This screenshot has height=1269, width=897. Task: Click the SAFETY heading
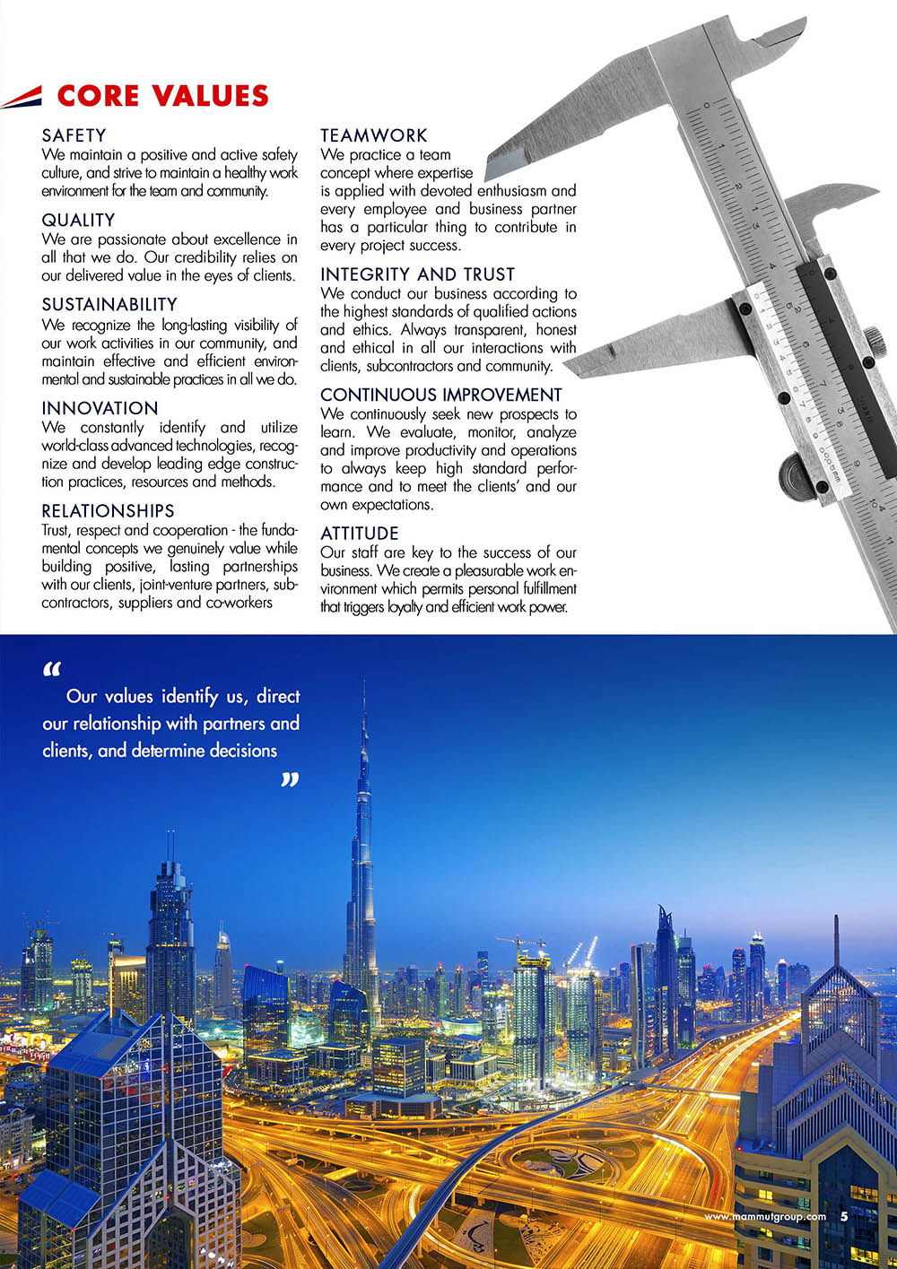click(x=74, y=135)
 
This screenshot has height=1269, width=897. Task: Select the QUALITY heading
click(x=78, y=220)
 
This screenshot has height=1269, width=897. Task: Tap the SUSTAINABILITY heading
click(x=109, y=304)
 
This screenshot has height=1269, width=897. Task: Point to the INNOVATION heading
click(x=100, y=408)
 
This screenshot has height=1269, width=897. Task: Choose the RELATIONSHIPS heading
click(x=108, y=510)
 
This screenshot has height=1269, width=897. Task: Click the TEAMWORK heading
click(x=374, y=135)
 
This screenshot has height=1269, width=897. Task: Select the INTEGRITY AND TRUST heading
click(x=417, y=274)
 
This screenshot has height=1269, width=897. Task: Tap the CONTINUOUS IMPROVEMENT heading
click(x=440, y=395)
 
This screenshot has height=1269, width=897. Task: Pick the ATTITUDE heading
click(x=360, y=534)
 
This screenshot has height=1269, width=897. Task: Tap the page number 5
click(x=844, y=1217)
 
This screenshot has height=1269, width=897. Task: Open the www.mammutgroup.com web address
click(x=765, y=1217)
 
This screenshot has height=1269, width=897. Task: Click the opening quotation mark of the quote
click(x=51, y=670)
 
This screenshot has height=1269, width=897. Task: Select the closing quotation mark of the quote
click(x=289, y=780)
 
